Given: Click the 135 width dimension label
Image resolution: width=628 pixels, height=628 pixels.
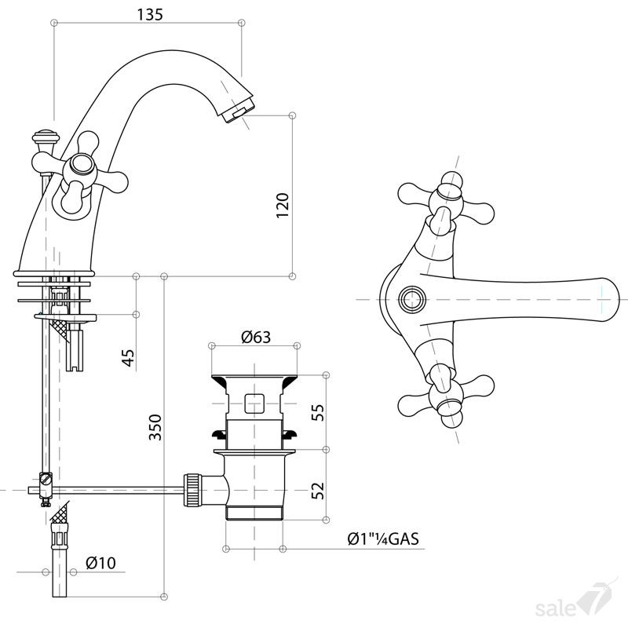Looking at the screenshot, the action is [150, 15].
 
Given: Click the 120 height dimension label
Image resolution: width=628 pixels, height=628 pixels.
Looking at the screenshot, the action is [283, 206].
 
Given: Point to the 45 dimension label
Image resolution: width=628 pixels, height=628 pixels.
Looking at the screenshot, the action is [128, 357].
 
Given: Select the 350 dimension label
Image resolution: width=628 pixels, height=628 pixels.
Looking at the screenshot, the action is [155, 427].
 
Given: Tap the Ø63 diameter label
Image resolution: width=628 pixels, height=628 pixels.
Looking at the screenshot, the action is [256, 337].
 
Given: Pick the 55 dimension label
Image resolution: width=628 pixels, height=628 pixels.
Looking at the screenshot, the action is [317, 412].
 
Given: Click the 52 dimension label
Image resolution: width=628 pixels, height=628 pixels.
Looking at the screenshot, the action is [317, 490].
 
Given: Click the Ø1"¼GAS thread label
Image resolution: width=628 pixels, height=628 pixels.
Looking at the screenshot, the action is [383, 539].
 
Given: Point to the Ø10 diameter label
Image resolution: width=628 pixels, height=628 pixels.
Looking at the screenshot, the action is [100, 563].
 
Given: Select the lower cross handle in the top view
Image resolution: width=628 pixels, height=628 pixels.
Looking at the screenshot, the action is [446, 396].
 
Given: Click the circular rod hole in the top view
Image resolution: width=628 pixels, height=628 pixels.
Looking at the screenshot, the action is [412, 299].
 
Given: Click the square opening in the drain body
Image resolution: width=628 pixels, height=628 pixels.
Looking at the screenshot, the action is [254, 403].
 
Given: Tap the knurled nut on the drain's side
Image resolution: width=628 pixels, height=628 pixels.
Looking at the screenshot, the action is [192, 490].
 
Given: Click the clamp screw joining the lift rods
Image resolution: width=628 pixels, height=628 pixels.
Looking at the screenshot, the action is [46, 479].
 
